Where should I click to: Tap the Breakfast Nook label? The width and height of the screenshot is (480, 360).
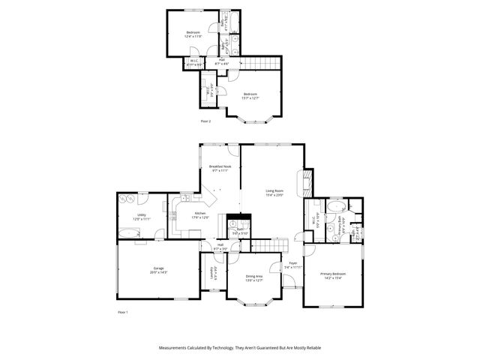220,168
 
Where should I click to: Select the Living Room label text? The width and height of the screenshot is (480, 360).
274,193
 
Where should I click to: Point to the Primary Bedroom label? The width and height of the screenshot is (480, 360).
333,277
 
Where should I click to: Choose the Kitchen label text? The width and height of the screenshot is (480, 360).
200,215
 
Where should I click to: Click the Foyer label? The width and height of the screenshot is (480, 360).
294,265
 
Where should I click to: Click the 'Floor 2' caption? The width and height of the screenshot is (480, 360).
205,120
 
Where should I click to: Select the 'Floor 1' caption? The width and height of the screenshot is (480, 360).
123,311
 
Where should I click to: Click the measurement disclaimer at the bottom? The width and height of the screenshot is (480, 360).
239,348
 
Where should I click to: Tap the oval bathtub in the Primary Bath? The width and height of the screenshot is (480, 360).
335,207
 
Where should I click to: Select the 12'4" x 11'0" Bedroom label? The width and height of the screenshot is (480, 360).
193,34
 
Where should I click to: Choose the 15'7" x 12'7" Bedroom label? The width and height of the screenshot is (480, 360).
250,95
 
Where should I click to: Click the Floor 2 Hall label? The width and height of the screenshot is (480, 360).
222,61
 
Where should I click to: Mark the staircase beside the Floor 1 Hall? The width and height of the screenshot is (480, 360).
268,245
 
